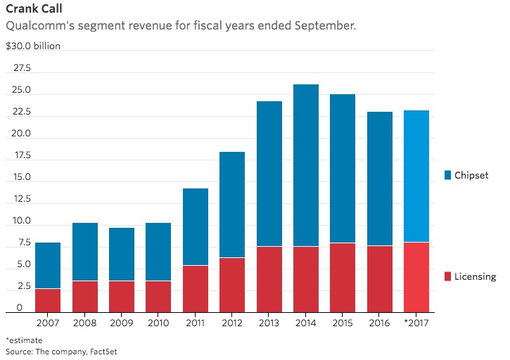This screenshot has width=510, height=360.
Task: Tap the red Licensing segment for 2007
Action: [49, 300]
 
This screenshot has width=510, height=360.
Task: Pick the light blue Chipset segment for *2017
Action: [416, 176]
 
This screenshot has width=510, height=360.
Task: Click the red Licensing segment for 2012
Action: [233, 285]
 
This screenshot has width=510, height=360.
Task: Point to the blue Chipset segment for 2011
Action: [196, 226]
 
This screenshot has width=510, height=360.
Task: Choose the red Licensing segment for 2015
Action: [344, 277]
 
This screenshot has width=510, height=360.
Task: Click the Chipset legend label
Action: [471, 174]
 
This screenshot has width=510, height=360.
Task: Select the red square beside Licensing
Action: [448, 277]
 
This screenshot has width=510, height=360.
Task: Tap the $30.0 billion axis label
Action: [33, 46]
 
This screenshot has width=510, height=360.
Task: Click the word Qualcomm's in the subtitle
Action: [39, 27]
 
